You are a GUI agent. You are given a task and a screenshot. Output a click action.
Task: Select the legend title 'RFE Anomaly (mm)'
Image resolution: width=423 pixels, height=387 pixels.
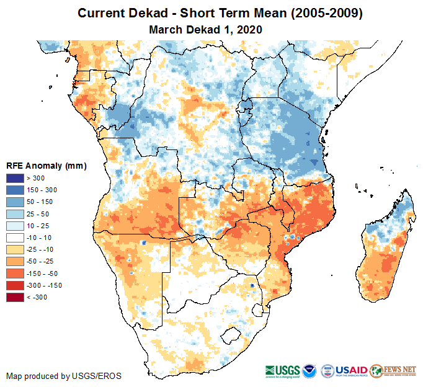point(46,166)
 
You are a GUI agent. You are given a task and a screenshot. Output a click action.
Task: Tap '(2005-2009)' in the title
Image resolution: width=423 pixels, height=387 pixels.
point(323,13)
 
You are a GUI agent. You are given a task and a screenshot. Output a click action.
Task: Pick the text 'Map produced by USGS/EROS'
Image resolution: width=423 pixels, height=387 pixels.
point(64,376)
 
